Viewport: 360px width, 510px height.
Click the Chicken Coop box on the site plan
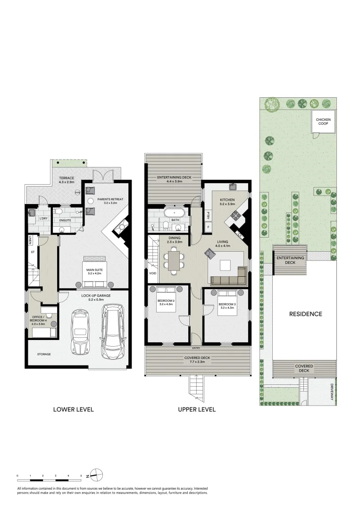324,122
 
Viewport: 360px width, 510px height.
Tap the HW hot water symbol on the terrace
78,192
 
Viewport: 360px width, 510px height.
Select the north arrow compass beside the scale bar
96,475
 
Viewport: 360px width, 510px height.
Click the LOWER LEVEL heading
73,409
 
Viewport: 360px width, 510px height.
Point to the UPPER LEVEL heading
197,409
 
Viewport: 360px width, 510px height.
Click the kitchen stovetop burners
234,217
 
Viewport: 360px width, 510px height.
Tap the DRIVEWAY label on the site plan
332,391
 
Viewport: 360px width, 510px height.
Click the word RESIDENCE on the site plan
305,314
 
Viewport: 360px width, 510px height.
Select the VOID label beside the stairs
152,273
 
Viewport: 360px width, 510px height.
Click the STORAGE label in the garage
44,354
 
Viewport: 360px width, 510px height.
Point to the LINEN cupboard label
30,240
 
